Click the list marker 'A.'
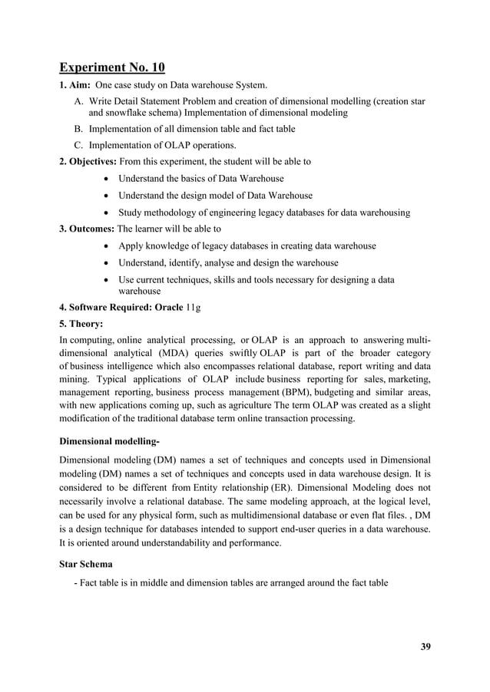click(79, 101)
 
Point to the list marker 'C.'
click(79, 145)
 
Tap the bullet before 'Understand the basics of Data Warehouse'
click(104, 179)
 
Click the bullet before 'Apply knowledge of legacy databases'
click(104, 245)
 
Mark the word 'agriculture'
click(250, 406)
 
